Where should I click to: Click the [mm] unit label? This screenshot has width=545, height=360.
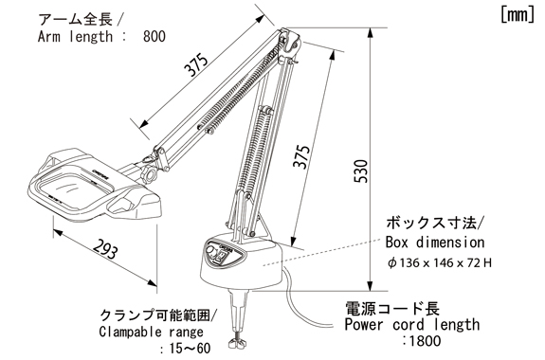click(518, 15)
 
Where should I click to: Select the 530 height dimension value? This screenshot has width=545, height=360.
click(361, 171)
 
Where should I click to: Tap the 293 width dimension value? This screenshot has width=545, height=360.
click(105, 249)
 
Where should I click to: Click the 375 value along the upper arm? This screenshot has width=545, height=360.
click(196, 65)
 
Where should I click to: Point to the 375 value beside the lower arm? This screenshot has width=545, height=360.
click(301, 156)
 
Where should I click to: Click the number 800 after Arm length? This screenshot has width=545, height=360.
click(154, 36)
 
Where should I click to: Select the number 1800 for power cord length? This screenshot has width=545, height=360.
click(425, 340)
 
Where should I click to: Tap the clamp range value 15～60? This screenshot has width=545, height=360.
click(190, 348)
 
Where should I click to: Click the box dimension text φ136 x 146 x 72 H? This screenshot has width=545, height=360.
click(440, 263)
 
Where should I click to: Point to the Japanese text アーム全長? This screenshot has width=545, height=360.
click(76, 19)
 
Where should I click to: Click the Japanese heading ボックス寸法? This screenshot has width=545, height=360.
click(431, 223)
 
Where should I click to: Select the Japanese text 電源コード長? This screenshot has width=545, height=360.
click(392, 308)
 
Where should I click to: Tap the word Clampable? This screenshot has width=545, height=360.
click(131, 332)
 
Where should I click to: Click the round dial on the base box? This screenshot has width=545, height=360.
click(211, 251)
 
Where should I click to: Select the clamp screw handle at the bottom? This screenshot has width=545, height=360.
click(239, 344)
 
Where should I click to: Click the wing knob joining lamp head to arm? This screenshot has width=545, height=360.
click(149, 173)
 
